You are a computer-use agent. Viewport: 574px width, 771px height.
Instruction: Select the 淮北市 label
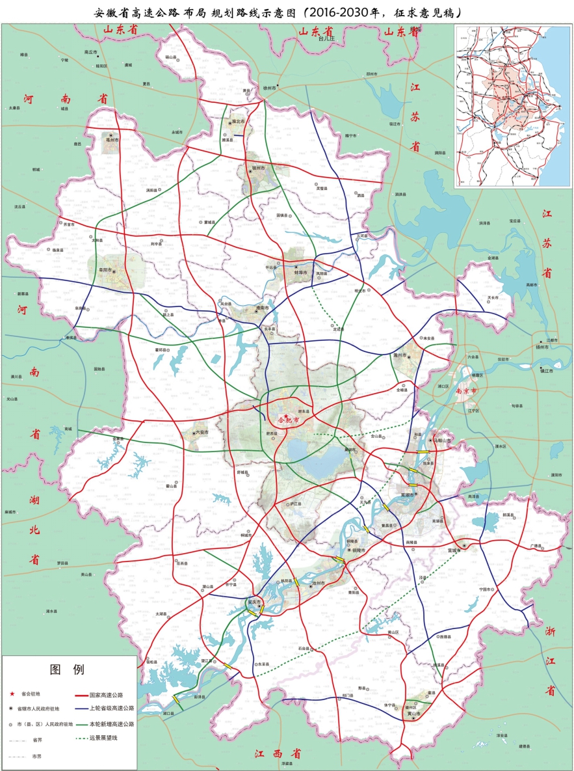(x=237, y=121)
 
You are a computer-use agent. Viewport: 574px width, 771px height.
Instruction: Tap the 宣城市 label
(x=453, y=550)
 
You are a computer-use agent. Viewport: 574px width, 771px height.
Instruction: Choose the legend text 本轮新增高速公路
(x=111, y=724)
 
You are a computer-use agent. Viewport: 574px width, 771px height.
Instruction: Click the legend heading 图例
(x=68, y=670)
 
